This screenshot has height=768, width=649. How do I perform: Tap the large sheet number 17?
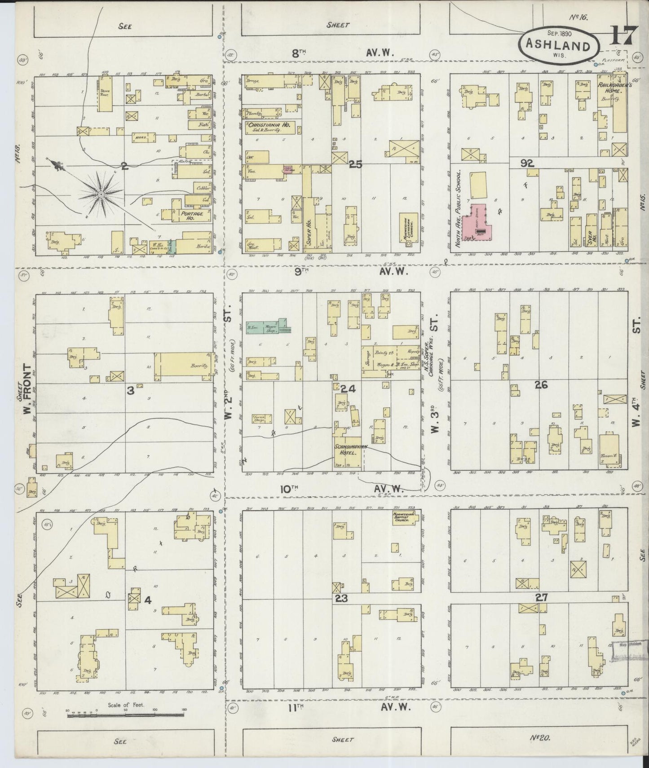pyautogui.click(x=621, y=35)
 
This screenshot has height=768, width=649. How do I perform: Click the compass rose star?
pyautogui.click(x=102, y=194)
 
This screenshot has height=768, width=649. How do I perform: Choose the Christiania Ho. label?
pyautogui.click(x=269, y=126)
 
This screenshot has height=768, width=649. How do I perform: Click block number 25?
pyautogui.click(x=355, y=165)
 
